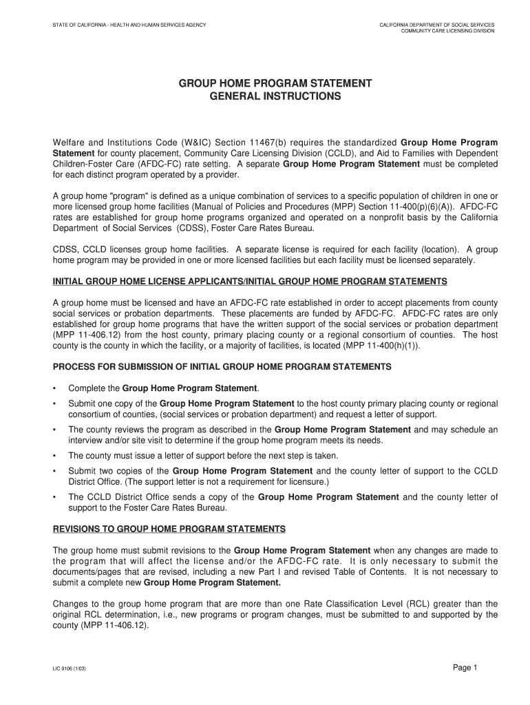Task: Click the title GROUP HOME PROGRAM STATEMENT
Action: click(x=275, y=83)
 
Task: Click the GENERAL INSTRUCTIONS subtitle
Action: click(x=275, y=97)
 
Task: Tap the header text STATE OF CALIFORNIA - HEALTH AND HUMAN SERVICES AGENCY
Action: click(x=130, y=25)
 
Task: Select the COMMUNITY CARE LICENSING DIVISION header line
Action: click(x=447, y=31)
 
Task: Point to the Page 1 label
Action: click(x=465, y=667)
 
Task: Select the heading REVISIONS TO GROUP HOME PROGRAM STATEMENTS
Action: click(x=169, y=529)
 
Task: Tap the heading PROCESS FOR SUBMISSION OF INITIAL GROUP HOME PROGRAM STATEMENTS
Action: click(x=222, y=367)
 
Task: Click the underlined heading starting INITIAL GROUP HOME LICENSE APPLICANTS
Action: click(x=251, y=282)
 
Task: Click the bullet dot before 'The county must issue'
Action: click(x=56, y=456)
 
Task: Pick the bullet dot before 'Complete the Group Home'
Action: click(x=56, y=388)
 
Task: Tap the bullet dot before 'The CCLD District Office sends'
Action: click(x=56, y=497)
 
